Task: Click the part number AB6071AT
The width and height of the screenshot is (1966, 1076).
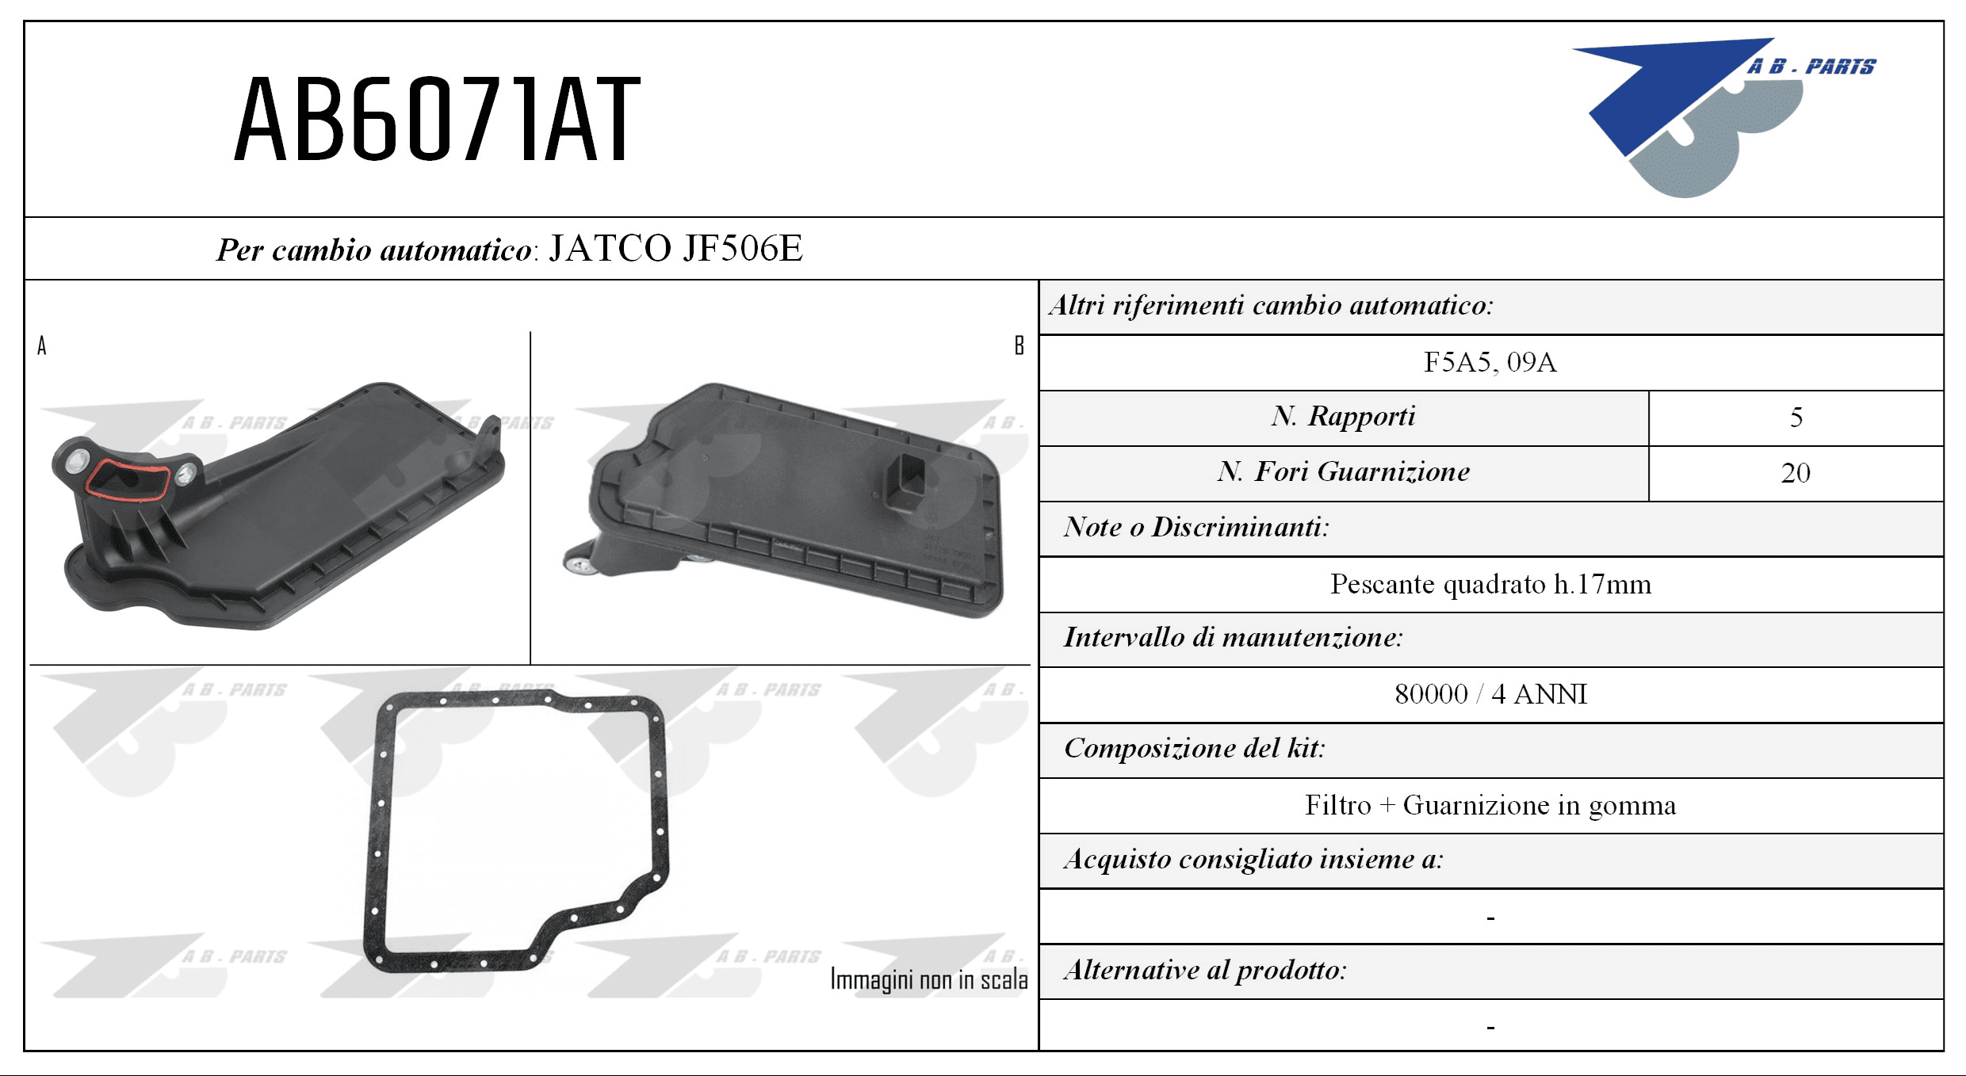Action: click(437, 119)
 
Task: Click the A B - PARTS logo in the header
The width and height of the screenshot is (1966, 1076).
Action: click(1724, 117)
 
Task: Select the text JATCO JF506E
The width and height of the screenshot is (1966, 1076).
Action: click(676, 248)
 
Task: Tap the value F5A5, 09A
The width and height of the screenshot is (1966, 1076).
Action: click(1490, 362)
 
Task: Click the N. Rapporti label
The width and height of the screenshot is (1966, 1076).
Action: click(1344, 416)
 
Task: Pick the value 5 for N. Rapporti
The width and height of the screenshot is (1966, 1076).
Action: click(1796, 418)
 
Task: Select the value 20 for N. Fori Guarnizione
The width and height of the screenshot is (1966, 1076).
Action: click(1796, 473)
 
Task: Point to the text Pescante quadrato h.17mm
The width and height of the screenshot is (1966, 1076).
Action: click(1490, 584)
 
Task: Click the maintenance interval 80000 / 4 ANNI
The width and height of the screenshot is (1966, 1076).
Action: click(1490, 694)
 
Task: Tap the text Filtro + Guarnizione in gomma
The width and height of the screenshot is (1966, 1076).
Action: click(1490, 805)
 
